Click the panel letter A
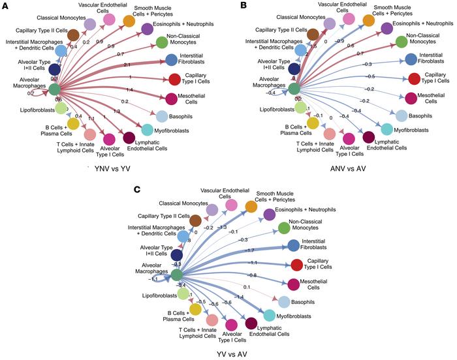coord(5,6)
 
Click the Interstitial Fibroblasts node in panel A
coord(172,61)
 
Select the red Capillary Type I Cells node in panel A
coord(174,80)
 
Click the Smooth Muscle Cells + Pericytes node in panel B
coord(369,20)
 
